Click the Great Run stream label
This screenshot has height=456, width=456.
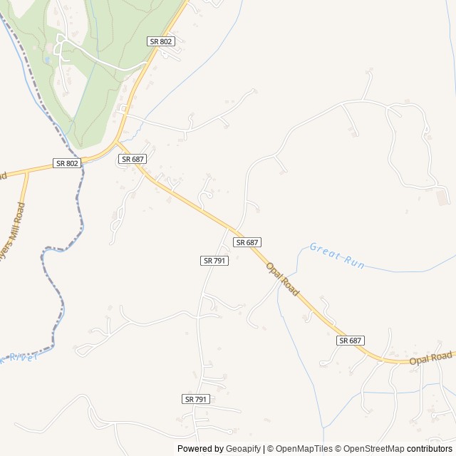pyautogui.click(x=337, y=256)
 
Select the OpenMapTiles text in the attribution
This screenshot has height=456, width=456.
pyautogui.click(x=299, y=449)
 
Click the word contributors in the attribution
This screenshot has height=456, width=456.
pyautogui.click(x=430, y=449)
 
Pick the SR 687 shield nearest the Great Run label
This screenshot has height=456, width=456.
pyautogui.click(x=247, y=242)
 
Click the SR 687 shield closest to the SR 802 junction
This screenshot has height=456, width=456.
pyautogui.click(x=133, y=159)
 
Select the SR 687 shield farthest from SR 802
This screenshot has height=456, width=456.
pyautogui.click(x=351, y=341)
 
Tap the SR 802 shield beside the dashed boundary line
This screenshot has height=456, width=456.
pyautogui.click(x=67, y=163)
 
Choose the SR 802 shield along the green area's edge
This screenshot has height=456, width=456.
pyautogui.click(x=161, y=41)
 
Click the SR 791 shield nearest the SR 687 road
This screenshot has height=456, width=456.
pyautogui.click(x=214, y=261)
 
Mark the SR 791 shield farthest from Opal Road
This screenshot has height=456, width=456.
pyautogui.click(x=195, y=399)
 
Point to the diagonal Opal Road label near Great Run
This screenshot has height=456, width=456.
pyautogui.click(x=283, y=279)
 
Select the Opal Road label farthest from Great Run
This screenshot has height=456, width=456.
pyautogui.click(x=430, y=358)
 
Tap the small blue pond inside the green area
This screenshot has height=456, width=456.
pyautogui.click(x=47, y=61)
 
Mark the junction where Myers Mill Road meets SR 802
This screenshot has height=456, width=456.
pyautogui.click(x=27, y=171)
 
